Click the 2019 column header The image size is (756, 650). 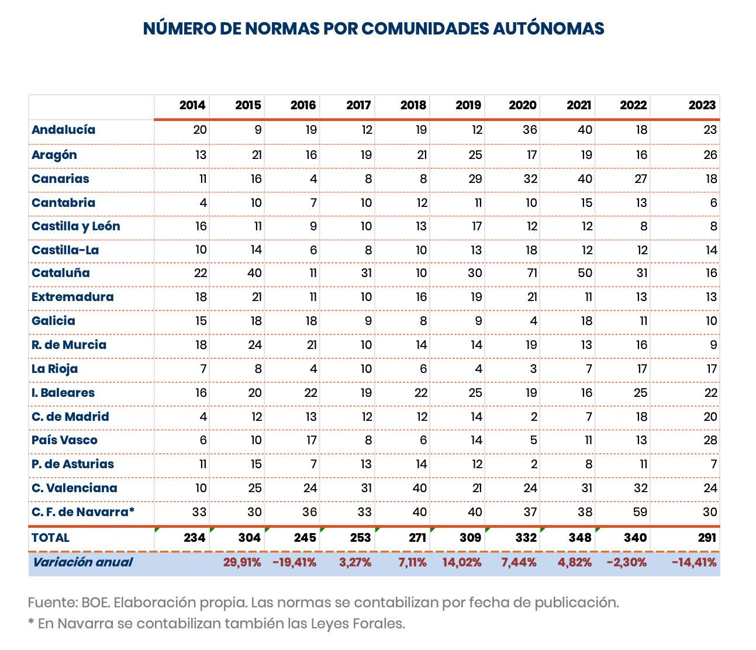(468, 105)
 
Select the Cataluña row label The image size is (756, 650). (61, 274)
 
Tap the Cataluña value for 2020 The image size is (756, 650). (530, 274)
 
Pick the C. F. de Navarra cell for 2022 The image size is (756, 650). (640, 512)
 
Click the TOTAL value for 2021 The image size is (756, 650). (579, 538)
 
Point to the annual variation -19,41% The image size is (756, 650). (295, 562)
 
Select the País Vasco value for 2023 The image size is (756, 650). (710, 440)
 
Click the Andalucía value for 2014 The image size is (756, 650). (200, 130)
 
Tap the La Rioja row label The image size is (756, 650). (54, 369)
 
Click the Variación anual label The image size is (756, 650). (82, 562)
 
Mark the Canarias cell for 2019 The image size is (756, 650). (475, 179)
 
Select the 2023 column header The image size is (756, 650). (702, 105)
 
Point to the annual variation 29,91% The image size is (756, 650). (242, 562)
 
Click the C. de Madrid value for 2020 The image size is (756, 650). (533, 417)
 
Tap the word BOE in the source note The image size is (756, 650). (94, 603)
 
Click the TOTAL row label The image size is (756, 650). (50, 538)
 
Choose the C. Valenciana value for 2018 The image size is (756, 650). (419, 488)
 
